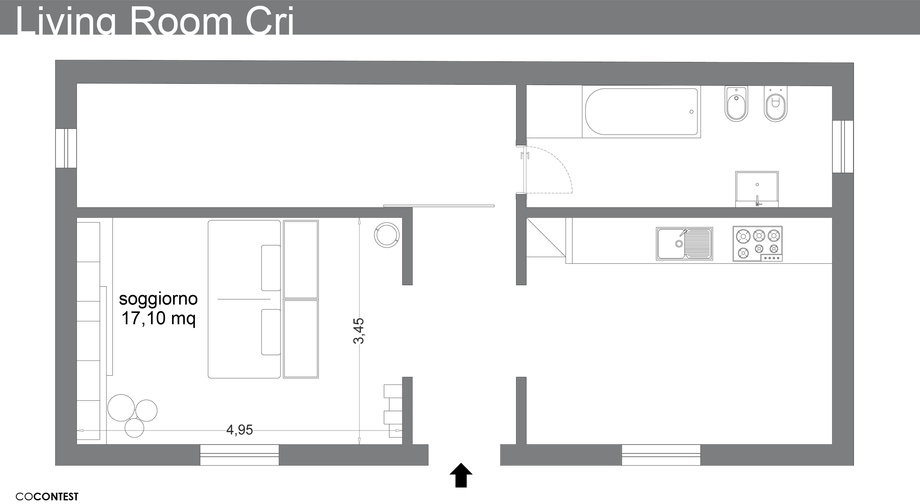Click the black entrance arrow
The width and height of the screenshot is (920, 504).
(461, 475)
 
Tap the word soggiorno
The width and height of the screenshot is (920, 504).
(158, 299)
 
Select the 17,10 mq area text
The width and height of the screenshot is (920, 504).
(159, 318)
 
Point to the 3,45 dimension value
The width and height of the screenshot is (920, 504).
(359, 331)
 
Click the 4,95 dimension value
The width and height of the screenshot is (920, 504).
(239, 430)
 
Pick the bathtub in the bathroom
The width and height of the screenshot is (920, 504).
(641, 112)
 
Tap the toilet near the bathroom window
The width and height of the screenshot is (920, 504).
(775, 104)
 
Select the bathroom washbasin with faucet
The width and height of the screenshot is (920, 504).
(757, 189)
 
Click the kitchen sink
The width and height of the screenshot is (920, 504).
(684, 243)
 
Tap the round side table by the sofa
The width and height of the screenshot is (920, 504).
(386, 235)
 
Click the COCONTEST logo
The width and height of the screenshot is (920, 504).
(47, 496)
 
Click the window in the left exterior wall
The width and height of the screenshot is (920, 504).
(66, 148)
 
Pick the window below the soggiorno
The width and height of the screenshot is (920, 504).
(239, 455)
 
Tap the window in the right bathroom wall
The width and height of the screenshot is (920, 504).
(843, 147)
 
